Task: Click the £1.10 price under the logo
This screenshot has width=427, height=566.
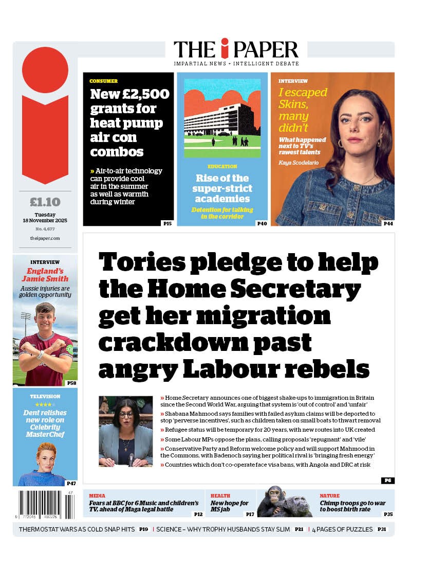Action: click(x=45, y=202)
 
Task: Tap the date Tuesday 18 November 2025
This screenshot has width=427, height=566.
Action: click(x=45, y=218)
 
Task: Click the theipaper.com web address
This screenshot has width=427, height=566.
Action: click(x=45, y=238)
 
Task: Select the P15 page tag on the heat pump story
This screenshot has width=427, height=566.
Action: click(x=168, y=223)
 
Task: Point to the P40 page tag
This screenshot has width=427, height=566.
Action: click(x=262, y=223)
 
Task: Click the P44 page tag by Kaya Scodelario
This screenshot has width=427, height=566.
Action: click(x=388, y=223)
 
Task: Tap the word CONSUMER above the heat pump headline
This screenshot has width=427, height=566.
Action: click(x=103, y=81)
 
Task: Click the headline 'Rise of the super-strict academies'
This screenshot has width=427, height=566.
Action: click(x=222, y=188)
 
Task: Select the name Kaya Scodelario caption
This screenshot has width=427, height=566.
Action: click(x=299, y=163)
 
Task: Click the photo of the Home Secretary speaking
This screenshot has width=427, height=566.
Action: click(x=125, y=431)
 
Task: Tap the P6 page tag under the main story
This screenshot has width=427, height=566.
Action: click(x=387, y=480)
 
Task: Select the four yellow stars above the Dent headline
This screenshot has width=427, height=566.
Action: click(x=45, y=404)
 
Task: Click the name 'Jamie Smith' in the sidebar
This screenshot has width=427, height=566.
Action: click(x=45, y=279)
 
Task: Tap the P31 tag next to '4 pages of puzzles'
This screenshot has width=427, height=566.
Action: click(x=382, y=529)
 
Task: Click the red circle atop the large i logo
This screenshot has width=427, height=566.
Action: click(x=45, y=70)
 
